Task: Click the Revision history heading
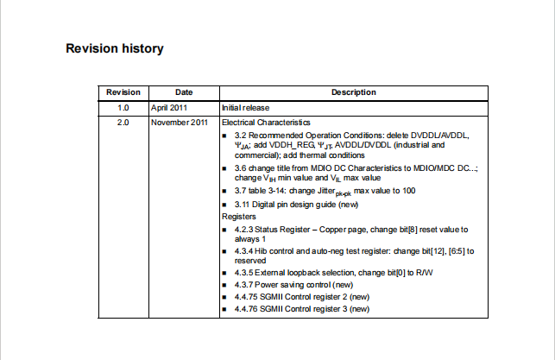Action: tap(115, 48)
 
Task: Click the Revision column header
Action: tap(123, 92)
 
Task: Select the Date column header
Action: tap(184, 92)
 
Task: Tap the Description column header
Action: tap(353, 92)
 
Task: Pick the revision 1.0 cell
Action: tap(123, 108)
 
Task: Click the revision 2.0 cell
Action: tap(123, 123)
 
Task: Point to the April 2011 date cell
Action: tap(169, 108)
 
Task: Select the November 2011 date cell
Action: tap(179, 123)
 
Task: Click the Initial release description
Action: tap(246, 108)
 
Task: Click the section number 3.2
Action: tap(241, 136)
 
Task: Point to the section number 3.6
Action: tap(241, 168)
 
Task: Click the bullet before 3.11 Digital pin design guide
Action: tap(225, 205)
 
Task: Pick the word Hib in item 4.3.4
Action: tap(262, 250)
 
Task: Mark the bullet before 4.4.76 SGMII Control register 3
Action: tap(225, 308)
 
